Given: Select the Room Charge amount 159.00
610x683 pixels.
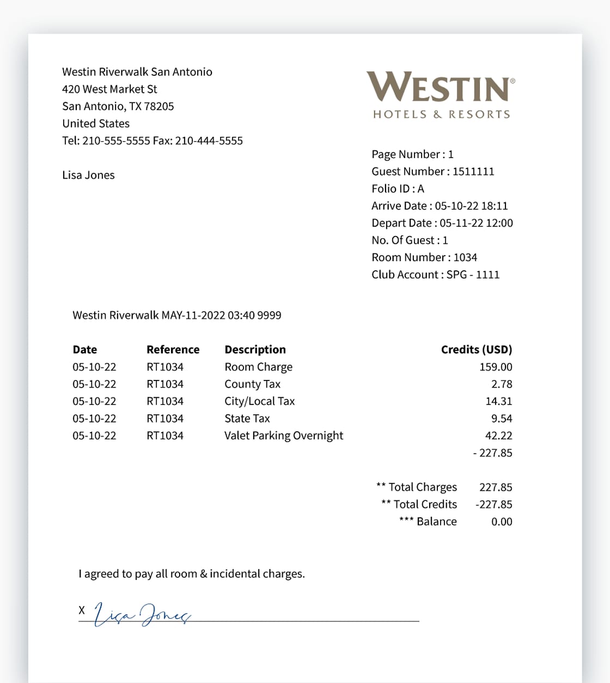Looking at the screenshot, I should (496, 367).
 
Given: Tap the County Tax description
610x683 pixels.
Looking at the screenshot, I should (252, 384).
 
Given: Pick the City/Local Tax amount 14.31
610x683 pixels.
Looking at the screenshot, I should (498, 401).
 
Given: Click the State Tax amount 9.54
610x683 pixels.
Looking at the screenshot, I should (502, 419).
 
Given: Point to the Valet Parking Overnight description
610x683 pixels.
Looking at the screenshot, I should (284, 436).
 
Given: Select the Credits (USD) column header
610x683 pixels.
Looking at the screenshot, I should (476, 349).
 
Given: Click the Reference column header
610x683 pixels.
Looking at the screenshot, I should (173, 349).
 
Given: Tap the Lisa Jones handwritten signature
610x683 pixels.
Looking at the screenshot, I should (142, 614).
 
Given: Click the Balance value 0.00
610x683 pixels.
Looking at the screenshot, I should (502, 522).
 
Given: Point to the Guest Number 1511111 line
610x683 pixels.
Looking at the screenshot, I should (432, 172).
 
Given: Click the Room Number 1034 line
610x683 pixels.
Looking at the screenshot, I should (424, 257).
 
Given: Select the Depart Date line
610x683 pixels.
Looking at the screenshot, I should (442, 223).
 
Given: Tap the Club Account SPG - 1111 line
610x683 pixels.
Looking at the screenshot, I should (435, 275).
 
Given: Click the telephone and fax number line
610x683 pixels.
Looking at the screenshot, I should (152, 141).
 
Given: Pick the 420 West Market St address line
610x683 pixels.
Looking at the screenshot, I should (109, 89).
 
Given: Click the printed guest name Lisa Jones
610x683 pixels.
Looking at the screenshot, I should (88, 175).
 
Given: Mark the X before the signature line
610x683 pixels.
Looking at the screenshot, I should (82, 610).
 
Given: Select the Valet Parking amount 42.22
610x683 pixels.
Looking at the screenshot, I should (498, 436).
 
